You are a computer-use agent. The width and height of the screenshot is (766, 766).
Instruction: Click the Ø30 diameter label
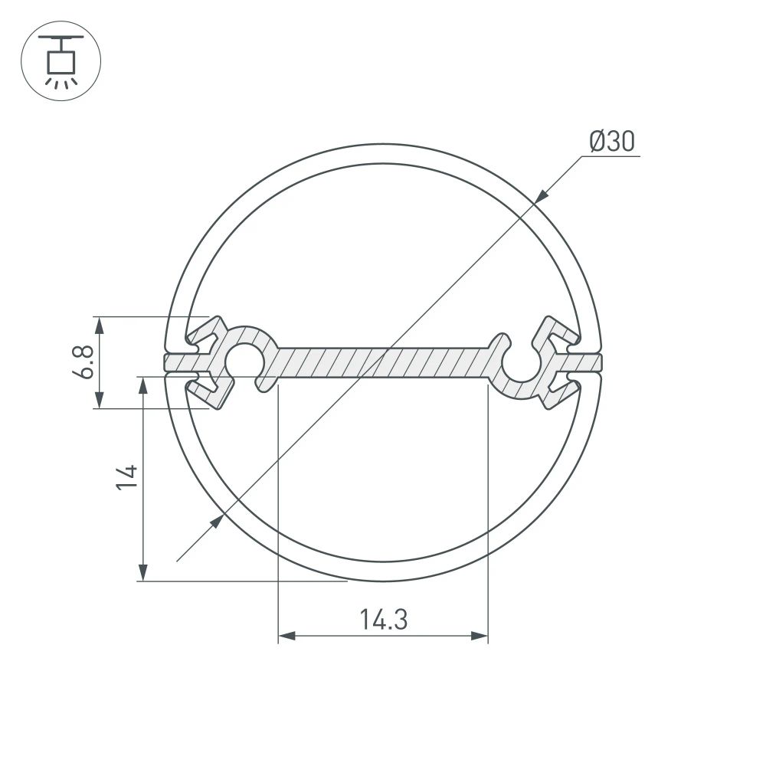click(x=612, y=142)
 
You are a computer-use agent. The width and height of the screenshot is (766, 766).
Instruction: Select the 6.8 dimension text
click(x=86, y=362)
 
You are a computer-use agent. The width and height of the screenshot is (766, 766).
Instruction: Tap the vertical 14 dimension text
click(x=127, y=476)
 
